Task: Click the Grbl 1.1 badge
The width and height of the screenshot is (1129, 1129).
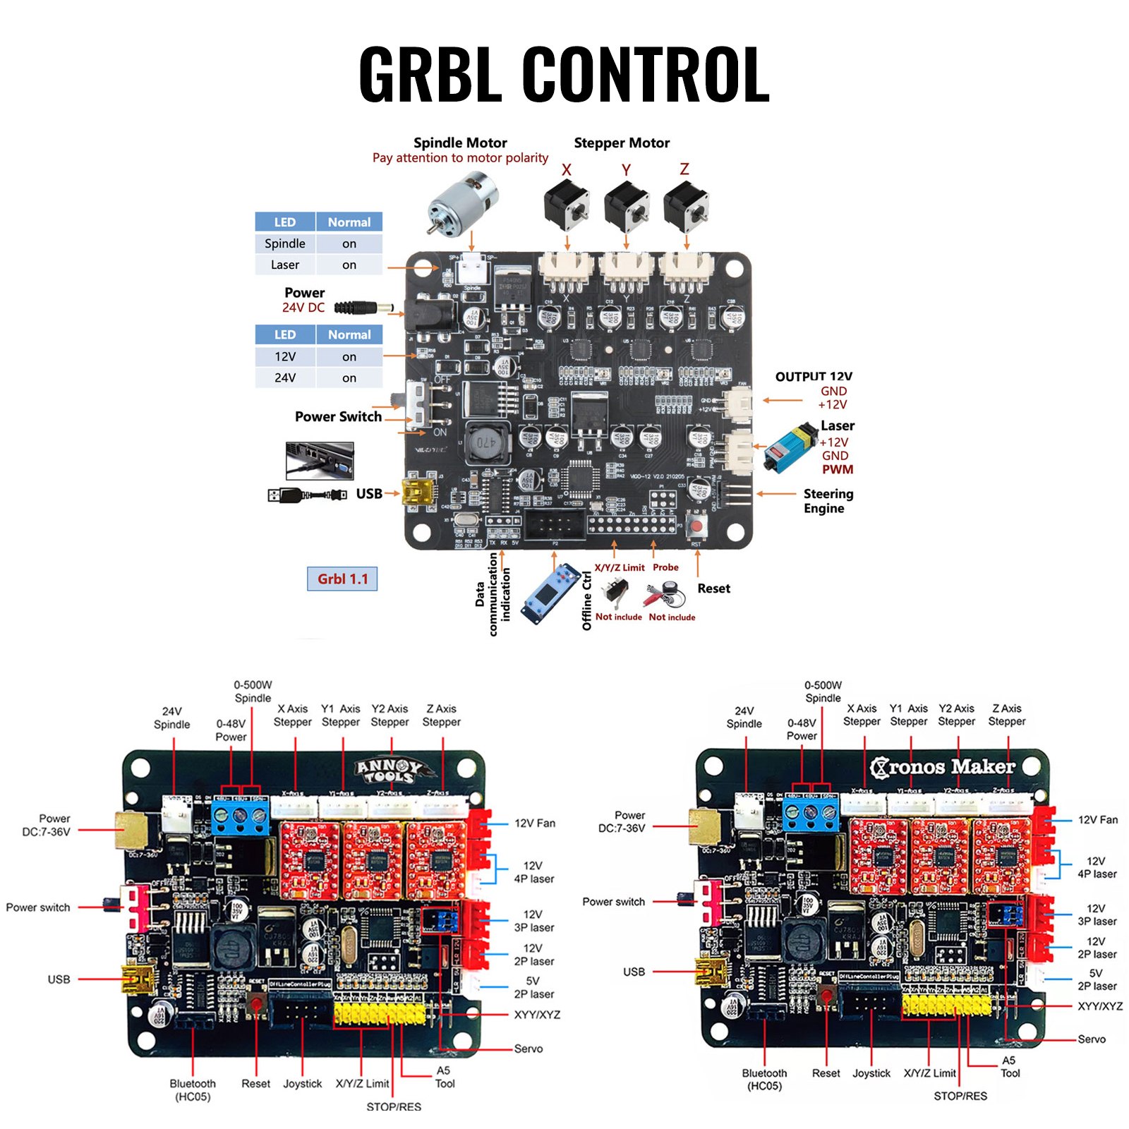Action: (x=342, y=579)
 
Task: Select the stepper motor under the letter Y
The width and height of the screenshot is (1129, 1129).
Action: (x=626, y=207)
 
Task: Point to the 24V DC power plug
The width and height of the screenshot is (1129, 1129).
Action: (x=363, y=308)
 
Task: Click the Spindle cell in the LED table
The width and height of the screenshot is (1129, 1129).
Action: (x=285, y=243)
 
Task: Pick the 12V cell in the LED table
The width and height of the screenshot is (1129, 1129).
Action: (x=285, y=356)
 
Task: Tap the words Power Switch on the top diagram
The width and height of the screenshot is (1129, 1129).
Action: (x=338, y=416)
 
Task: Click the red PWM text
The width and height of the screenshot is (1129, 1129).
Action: (x=837, y=469)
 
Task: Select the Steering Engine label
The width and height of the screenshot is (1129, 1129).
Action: (x=828, y=501)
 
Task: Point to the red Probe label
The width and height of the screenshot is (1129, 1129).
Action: (x=665, y=567)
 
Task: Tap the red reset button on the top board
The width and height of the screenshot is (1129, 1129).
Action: (x=697, y=526)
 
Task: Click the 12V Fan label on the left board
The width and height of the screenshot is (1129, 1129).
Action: (x=534, y=823)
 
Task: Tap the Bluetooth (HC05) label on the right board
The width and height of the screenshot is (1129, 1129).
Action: (x=764, y=1079)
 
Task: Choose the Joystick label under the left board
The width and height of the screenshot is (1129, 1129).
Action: (x=302, y=1084)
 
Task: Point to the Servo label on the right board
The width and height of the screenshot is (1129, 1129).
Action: (x=1091, y=1039)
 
